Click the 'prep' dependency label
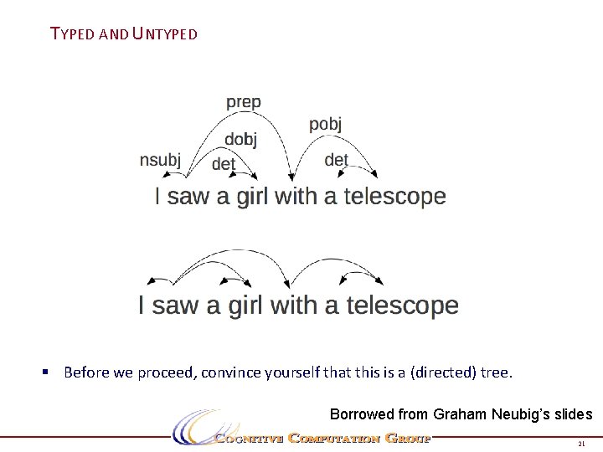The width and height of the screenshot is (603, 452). (243, 103)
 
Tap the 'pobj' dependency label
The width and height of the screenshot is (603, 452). (325, 125)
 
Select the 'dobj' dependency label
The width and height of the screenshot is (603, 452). (240, 140)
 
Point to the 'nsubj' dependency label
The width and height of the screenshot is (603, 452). (160, 160)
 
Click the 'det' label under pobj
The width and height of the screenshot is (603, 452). (336, 159)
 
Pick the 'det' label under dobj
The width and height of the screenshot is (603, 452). (224, 164)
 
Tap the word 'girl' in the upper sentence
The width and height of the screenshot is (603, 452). (252, 197)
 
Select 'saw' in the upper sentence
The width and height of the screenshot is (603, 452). (188, 197)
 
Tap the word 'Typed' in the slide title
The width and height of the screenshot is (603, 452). (73, 34)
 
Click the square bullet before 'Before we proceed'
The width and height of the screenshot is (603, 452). (53, 372)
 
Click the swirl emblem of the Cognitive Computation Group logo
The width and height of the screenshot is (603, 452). (193, 427)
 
